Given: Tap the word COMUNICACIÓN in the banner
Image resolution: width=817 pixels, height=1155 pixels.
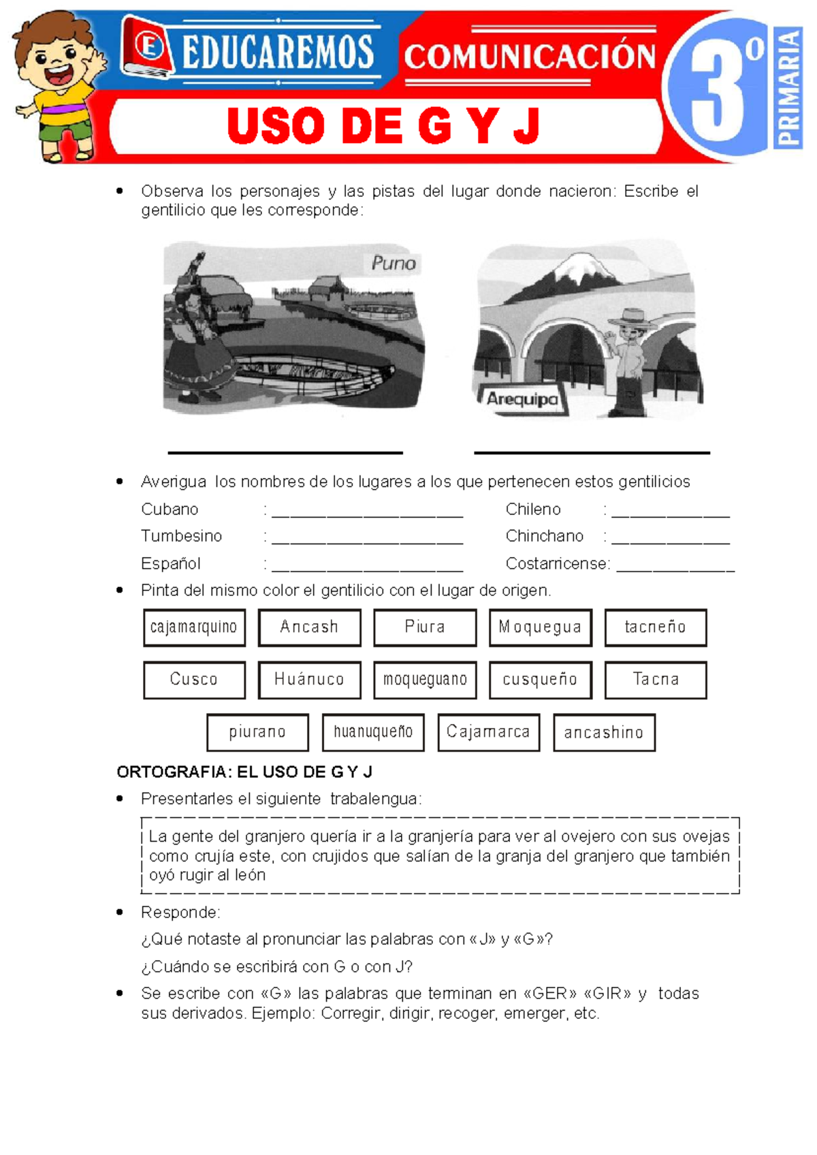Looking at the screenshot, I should pos(530,57).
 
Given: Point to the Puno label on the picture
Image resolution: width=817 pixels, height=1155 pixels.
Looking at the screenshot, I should pos(394,263).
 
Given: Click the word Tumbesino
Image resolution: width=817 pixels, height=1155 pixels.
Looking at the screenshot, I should pos(181,536).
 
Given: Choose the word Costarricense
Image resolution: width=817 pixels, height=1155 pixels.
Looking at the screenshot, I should pos(556,564).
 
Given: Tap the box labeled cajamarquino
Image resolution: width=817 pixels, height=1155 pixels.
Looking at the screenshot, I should pos(194,627).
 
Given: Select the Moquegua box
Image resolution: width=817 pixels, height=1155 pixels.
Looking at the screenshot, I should pos(540,627).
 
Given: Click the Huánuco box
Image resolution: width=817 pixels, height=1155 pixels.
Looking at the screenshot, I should pos(309,680).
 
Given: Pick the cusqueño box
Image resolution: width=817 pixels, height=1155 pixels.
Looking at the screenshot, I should pos(540,680).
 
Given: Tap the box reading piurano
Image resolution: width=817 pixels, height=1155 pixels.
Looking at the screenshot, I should pos(257,732).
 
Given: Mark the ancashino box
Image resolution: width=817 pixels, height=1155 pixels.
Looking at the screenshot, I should pos(604,732).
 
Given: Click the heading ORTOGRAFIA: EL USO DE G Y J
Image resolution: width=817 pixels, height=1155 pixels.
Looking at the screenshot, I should pos(244,772).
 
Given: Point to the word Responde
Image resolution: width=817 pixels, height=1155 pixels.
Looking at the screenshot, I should pos(180,912).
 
